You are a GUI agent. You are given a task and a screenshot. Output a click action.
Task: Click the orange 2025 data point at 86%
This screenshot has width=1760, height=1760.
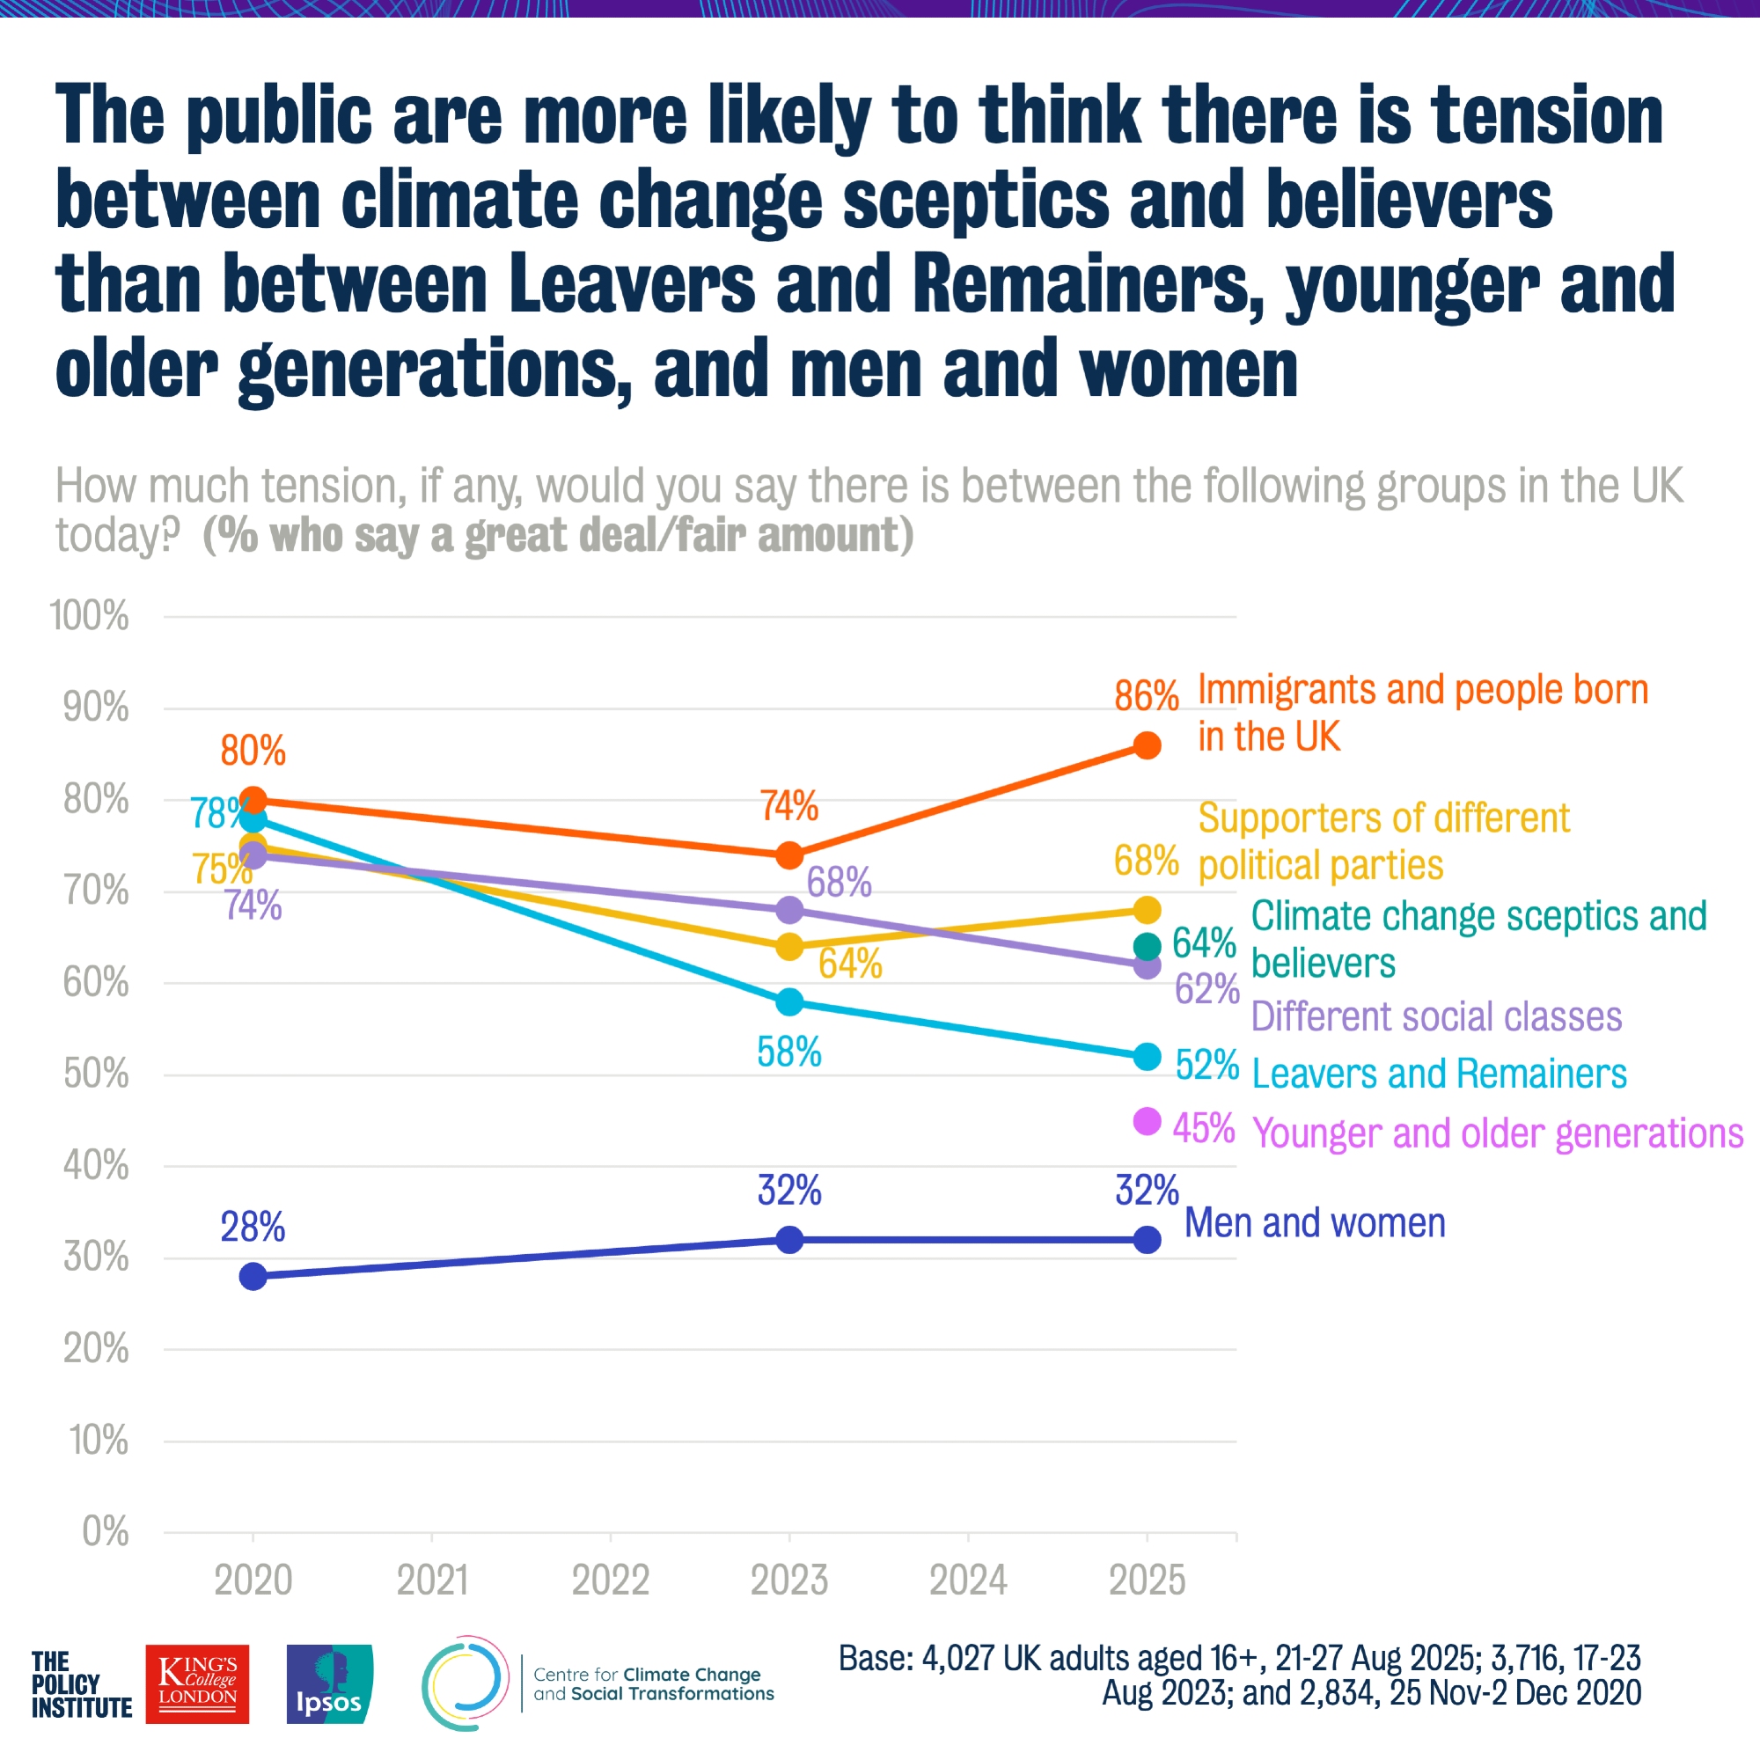click(1147, 745)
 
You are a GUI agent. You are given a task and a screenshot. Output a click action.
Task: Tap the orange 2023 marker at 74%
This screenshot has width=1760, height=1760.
click(788, 855)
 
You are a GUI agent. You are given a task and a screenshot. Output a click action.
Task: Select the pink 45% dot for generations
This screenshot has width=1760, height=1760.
click(1147, 1121)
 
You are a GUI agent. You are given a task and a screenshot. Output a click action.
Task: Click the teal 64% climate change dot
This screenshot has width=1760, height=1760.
click(1147, 947)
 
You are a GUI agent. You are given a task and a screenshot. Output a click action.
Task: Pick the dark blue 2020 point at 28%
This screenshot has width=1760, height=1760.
click(253, 1276)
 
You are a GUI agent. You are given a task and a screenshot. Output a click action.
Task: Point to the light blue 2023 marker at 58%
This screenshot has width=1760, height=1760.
click(788, 1002)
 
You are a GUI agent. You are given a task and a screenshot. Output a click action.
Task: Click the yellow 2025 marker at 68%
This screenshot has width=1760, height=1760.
click(1147, 910)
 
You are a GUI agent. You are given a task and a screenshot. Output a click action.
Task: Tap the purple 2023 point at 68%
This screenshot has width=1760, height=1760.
click(788, 910)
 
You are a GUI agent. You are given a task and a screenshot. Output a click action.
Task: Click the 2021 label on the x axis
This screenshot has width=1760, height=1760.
click(432, 1580)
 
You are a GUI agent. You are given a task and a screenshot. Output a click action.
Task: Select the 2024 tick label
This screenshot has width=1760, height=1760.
click(967, 1580)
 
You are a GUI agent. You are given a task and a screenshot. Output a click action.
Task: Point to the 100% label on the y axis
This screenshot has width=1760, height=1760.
click(89, 617)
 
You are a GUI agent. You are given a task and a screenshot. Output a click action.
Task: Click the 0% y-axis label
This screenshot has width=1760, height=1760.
click(105, 1531)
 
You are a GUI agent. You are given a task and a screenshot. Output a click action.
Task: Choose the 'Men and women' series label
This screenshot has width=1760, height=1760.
click(1315, 1223)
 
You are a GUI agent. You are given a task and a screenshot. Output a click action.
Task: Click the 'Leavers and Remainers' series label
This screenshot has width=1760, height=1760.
click(1439, 1074)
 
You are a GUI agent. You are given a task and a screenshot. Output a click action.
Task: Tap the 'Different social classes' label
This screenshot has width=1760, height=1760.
click(1435, 1016)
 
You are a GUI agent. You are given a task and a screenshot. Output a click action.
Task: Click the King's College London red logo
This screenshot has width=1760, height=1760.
click(197, 1683)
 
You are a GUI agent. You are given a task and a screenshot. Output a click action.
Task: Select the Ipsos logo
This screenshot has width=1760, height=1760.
click(329, 1683)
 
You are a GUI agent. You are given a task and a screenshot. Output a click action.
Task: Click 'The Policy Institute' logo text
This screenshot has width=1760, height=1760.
click(81, 1685)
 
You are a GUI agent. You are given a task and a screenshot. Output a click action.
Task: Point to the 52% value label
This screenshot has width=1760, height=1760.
click(1206, 1065)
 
